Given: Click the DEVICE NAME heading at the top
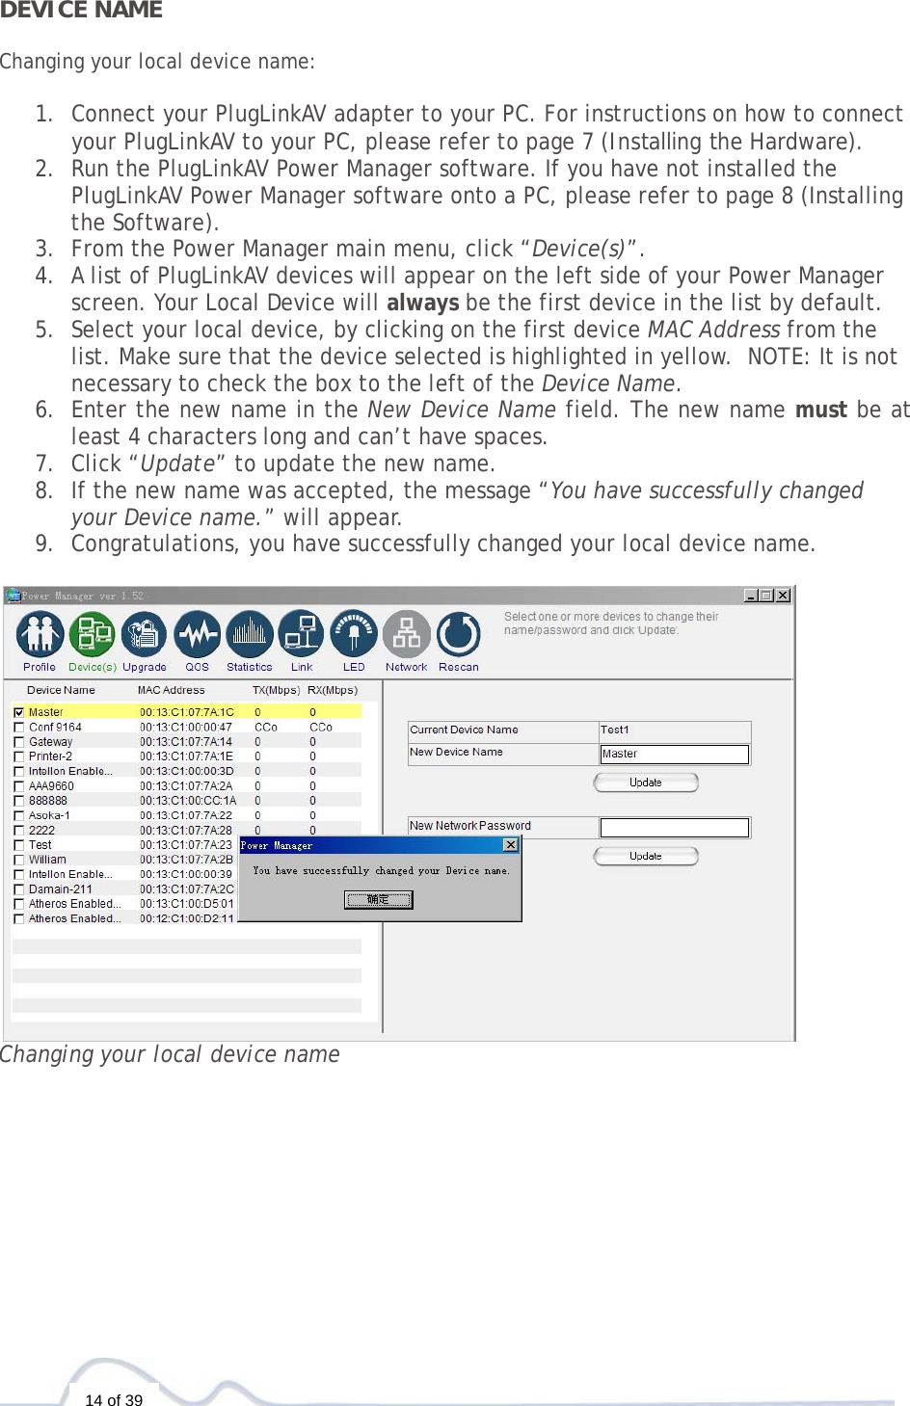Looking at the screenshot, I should [x=81, y=11].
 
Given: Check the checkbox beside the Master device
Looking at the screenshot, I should [x=19, y=712].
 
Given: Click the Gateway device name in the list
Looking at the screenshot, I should [x=50, y=742].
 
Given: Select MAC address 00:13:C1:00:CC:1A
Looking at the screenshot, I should [x=187, y=801].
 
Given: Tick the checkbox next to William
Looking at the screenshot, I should [x=19, y=860].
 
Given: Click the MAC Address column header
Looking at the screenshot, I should [x=171, y=690].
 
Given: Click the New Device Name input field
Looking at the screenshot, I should [x=674, y=754].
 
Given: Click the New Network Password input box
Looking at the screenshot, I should [x=674, y=827].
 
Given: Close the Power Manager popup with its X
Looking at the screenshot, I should [x=511, y=845].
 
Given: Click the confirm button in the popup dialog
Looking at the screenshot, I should [x=378, y=899].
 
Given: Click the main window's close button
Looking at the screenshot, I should [x=783, y=596].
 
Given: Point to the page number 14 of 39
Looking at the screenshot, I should [x=114, y=1399].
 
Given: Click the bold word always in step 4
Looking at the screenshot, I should [x=422, y=303].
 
